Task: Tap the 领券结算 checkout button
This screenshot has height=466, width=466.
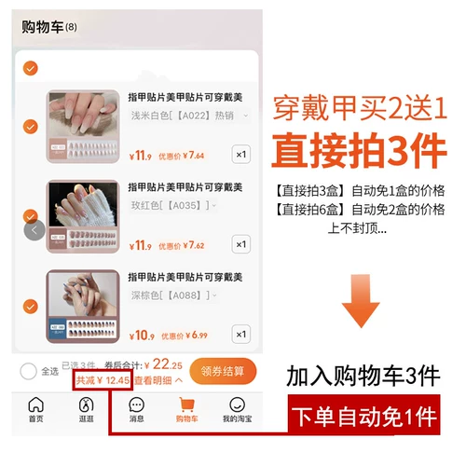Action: tap(223, 371)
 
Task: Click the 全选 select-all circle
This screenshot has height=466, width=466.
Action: tap(29, 371)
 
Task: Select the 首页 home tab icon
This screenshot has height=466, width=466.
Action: tap(35, 405)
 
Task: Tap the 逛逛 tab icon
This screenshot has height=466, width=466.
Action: tap(87, 405)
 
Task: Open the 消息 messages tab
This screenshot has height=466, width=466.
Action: tap(136, 405)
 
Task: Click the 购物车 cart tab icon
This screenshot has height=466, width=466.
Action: tap(186, 405)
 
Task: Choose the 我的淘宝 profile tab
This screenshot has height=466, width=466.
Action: tap(237, 405)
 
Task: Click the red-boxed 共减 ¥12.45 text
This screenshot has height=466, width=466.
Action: tap(102, 380)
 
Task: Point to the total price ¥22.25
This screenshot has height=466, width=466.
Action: tap(168, 364)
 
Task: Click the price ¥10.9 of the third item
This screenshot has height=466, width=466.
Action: tap(141, 335)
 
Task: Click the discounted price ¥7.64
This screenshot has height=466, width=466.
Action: tap(194, 156)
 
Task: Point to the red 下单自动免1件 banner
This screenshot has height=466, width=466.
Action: tap(363, 418)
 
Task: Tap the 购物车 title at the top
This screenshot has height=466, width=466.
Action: tap(43, 27)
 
